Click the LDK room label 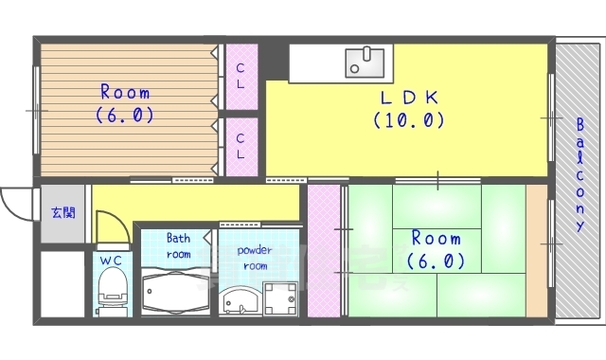coord(408,98)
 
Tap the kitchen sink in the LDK coord(365,62)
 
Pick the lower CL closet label coord(241,145)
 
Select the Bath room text coord(178,246)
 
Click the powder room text coord(254,258)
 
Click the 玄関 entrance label coord(62,212)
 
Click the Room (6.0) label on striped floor coord(124,103)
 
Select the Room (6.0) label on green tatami coord(435,249)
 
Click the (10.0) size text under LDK coord(408,120)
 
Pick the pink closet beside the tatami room coord(323,251)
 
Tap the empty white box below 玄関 coord(62,281)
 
